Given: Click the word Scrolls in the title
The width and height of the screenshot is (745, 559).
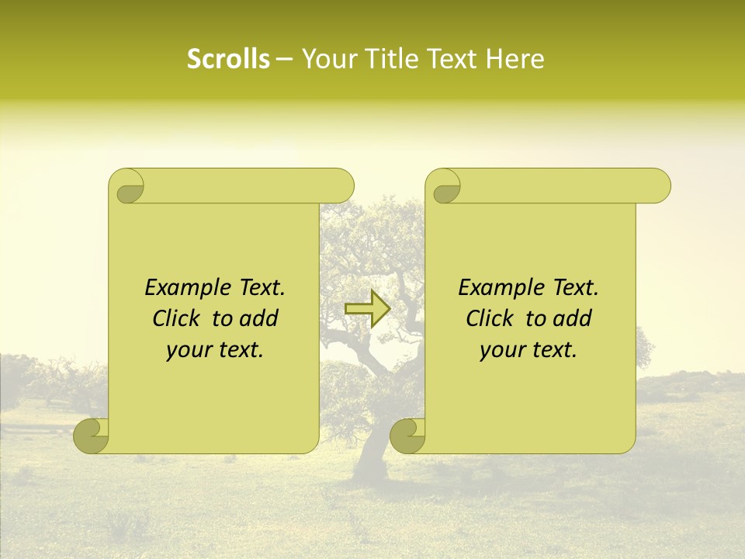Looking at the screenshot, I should coord(228,59).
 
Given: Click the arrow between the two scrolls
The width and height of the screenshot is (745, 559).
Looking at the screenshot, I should coord(367,308).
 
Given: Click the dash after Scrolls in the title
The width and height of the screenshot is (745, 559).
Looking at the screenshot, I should coord(284,59).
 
